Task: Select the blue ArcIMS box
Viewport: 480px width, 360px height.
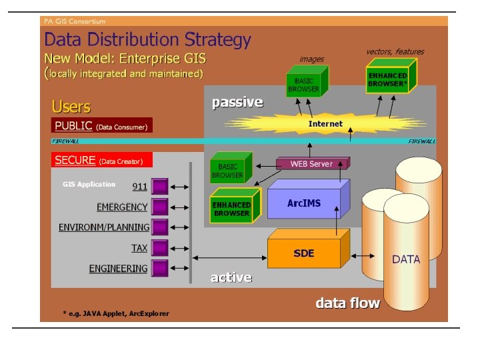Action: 304,203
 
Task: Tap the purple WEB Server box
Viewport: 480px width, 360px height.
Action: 311,164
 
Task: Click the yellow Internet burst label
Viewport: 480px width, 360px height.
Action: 325,124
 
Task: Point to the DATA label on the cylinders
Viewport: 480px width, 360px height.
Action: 406,259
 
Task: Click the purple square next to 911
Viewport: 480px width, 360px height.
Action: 160,186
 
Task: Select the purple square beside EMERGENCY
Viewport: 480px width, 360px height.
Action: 160,207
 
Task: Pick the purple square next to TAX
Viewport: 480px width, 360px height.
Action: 160,248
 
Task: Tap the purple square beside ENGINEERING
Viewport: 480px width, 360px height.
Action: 160,269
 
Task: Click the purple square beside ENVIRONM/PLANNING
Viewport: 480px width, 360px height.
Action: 160,227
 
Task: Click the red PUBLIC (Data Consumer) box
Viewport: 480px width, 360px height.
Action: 102,125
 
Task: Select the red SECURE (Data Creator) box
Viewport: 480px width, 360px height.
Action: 102,160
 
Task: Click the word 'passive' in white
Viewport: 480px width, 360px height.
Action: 237,103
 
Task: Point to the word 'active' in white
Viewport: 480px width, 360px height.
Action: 231,277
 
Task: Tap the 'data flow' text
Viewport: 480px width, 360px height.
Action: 347,303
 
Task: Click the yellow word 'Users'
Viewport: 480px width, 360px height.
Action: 71,107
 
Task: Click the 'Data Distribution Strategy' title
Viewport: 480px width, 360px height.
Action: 147,40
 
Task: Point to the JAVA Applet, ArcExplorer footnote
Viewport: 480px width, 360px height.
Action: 116,313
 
